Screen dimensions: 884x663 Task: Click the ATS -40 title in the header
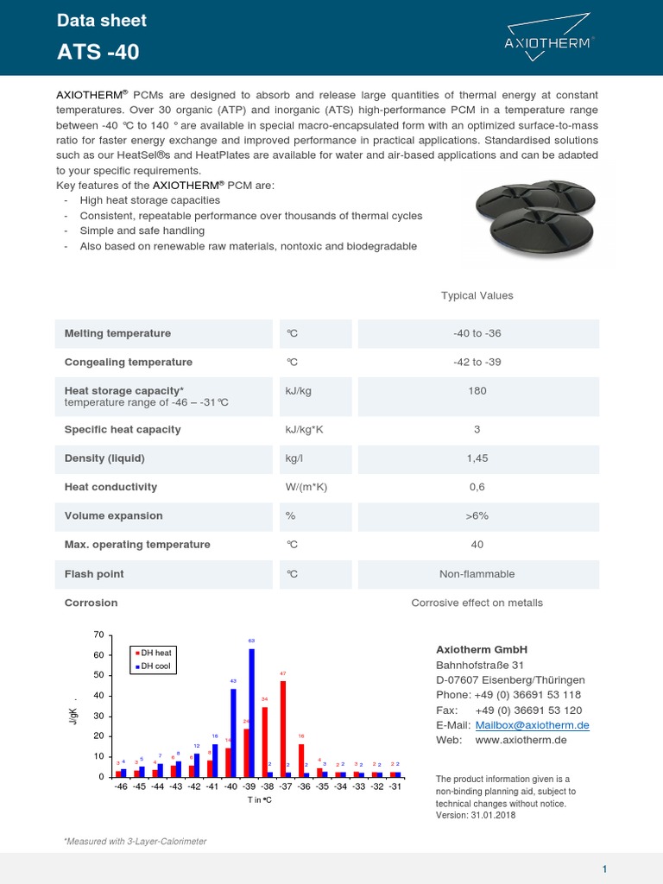pyautogui.click(x=98, y=53)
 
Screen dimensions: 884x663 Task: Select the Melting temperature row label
pyautogui.click(x=117, y=333)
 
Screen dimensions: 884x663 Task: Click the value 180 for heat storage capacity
pyautogui.click(x=477, y=391)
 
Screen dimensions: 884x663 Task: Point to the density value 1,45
pyautogui.click(x=477, y=458)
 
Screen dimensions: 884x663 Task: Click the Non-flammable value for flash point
pyautogui.click(x=477, y=574)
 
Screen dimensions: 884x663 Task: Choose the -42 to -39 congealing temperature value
pyautogui.click(x=477, y=363)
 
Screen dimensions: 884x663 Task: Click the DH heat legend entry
pyautogui.click(x=156, y=653)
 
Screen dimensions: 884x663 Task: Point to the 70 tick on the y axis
pyautogui.click(x=98, y=635)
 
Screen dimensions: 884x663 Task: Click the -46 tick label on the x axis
pyautogui.click(x=120, y=787)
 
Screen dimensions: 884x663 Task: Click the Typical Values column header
pyautogui.click(x=477, y=295)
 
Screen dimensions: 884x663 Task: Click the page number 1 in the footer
pyautogui.click(x=605, y=868)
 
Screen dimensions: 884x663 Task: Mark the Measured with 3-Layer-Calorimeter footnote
pyautogui.click(x=136, y=841)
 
